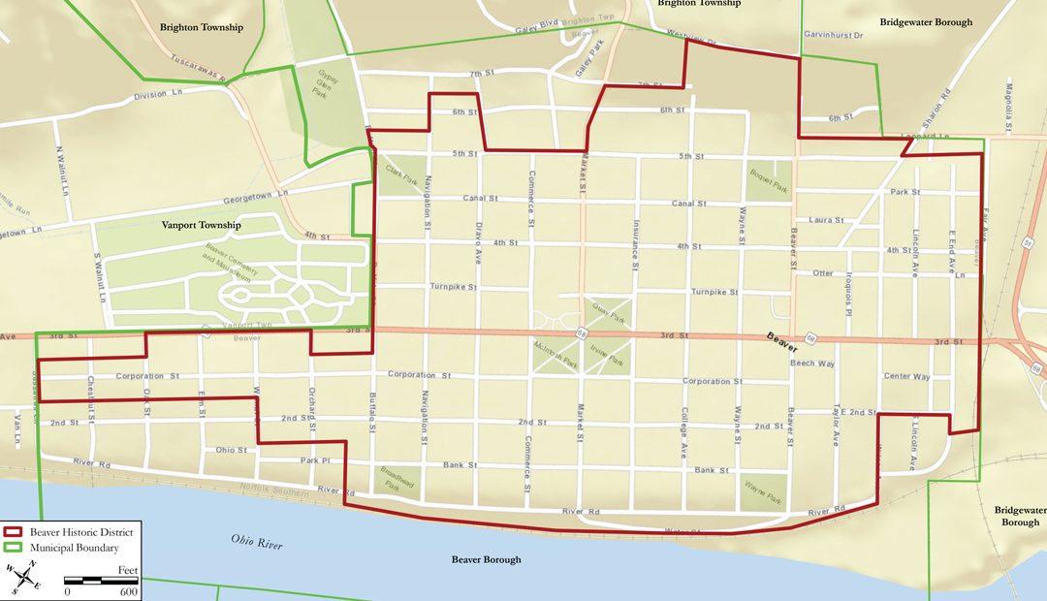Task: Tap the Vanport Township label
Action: [x=201, y=225]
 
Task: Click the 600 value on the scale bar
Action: [x=128, y=591]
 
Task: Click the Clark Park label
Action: [x=400, y=174]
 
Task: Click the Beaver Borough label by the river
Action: [x=486, y=559]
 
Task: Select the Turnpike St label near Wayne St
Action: [x=714, y=291]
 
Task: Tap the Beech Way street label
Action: [x=812, y=364]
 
